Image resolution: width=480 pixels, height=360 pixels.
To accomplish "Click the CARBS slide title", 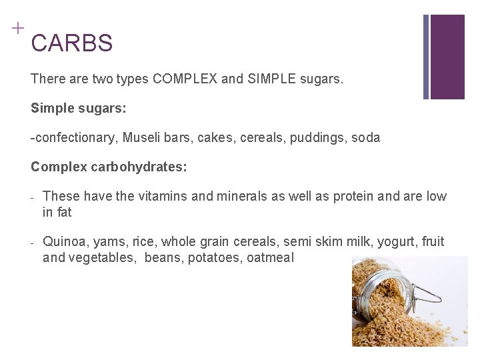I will [x=71, y=43].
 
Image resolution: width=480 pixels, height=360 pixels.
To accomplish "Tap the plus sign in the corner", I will [x=17, y=28].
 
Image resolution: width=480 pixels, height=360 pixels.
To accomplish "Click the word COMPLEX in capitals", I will [x=184, y=79].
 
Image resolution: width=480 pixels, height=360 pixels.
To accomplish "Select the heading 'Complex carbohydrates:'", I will [x=109, y=167].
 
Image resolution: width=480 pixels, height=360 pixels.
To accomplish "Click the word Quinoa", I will [x=63, y=241].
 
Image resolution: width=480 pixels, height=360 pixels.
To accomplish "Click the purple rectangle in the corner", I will [x=447, y=57].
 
